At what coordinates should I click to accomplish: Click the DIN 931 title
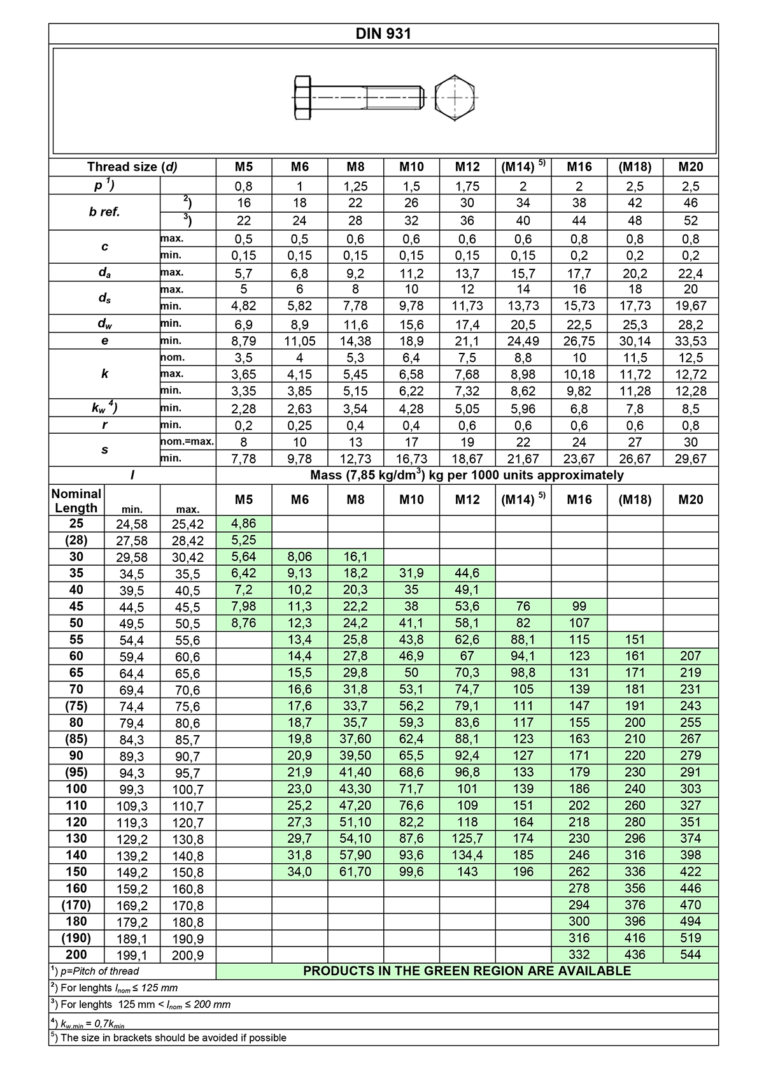point(383,34)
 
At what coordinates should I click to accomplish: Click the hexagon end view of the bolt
point(456,98)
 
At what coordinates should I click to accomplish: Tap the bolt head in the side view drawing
point(302,98)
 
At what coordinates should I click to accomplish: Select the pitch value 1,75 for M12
point(467,186)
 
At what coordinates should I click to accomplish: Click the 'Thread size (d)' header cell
point(132,167)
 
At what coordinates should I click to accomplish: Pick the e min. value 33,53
point(690,341)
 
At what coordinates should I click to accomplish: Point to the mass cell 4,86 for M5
point(244,524)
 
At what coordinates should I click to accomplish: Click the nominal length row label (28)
point(76,540)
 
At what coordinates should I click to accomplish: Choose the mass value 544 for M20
point(690,954)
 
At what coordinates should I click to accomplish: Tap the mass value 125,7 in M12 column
point(467,838)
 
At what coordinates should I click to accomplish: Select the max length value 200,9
point(188,955)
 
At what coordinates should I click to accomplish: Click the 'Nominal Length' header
point(76,501)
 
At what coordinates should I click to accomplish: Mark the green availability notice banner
point(467,971)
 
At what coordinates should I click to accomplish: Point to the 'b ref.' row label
point(105,212)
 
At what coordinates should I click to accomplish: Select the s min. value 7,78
point(244,459)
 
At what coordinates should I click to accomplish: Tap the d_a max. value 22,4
point(690,273)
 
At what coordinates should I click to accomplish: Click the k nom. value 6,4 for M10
point(411,357)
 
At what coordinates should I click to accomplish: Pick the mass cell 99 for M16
point(579,606)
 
